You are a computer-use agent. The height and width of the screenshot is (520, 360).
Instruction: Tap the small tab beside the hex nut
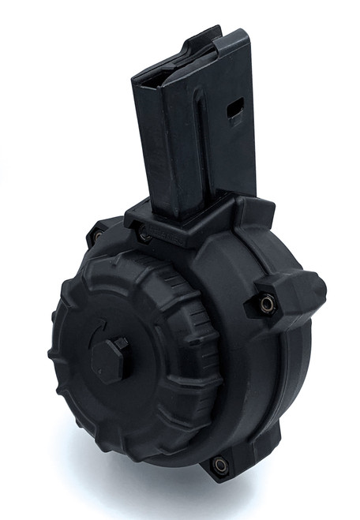(x=122, y=344)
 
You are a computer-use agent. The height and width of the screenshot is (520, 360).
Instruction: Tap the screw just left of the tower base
(x=144, y=234)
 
